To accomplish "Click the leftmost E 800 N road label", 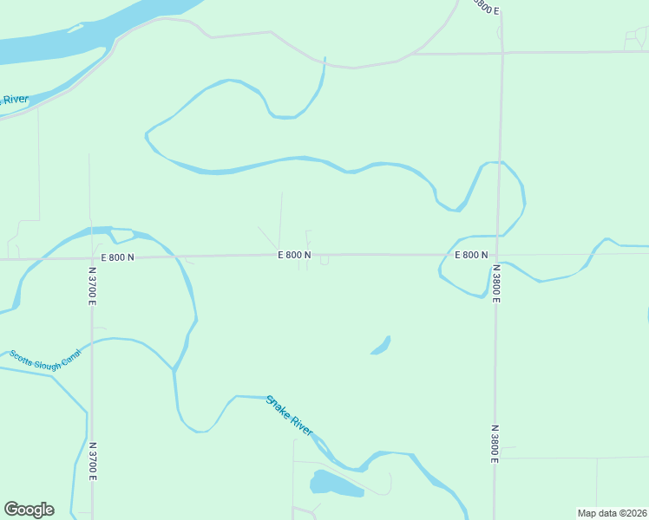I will [118, 257].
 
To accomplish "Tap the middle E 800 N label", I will [294, 255].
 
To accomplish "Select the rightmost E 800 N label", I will [471, 255].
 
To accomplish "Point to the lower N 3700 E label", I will [92, 462].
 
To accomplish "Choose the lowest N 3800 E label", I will [495, 443].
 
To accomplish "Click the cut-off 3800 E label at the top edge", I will [487, 7].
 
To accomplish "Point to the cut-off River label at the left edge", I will [14, 100].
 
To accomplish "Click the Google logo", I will [29, 510].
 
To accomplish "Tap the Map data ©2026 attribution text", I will [612, 513].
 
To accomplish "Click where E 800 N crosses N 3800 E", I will [498, 255].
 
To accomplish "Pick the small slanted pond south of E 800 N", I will [381, 345].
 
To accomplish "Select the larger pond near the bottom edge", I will [335, 484].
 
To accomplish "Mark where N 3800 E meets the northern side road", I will [501, 53].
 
